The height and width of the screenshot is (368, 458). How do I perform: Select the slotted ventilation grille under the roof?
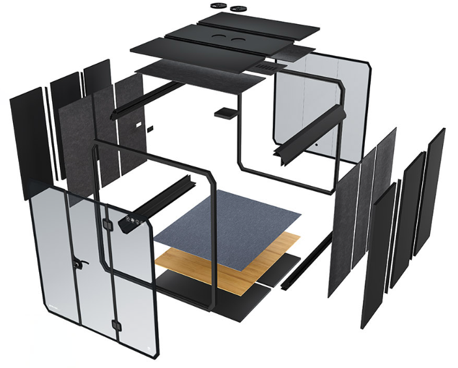click(267, 67)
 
